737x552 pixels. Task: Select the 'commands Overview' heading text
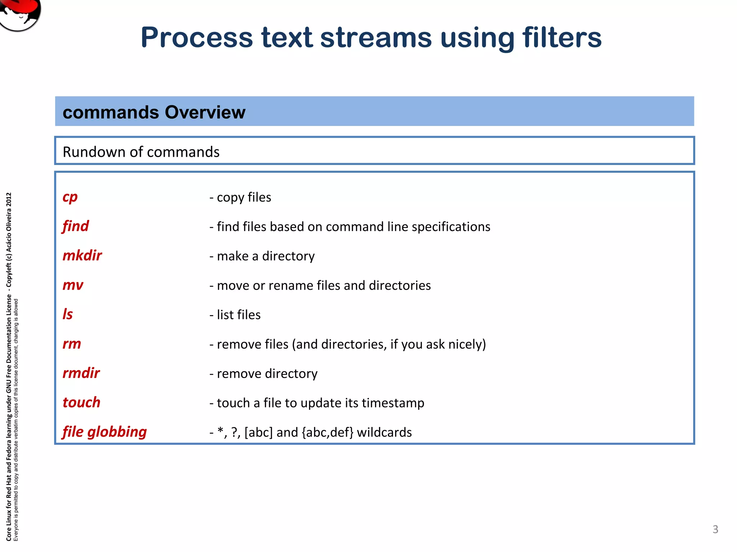[x=154, y=112]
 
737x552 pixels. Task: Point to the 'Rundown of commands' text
[x=141, y=152]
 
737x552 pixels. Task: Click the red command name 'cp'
[x=70, y=197]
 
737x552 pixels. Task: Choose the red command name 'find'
[x=75, y=226]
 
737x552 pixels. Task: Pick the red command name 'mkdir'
[x=82, y=256]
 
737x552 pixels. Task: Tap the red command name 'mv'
[x=73, y=285]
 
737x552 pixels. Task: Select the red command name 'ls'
[x=67, y=314]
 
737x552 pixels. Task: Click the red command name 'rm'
[x=72, y=344]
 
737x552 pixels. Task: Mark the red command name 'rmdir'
[x=81, y=373]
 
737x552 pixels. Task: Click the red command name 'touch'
[x=81, y=402]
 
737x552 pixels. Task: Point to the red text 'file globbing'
[x=104, y=432]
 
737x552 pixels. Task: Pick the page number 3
[x=715, y=529]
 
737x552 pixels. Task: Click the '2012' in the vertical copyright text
[x=9, y=200]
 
